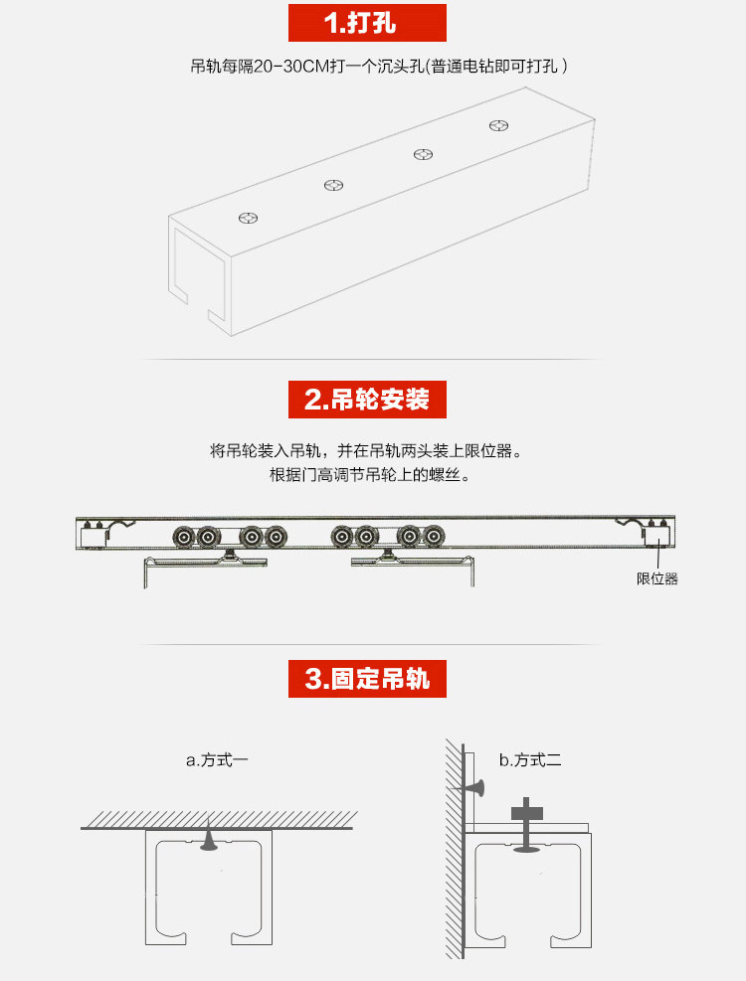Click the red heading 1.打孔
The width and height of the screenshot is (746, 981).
[x=366, y=22]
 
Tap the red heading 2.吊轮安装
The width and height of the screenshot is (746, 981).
[x=366, y=400]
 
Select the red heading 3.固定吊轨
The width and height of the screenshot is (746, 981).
[x=366, y=679]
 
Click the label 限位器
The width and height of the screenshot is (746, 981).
[x=657, y=578]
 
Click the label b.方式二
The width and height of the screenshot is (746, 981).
[x=530, y=760]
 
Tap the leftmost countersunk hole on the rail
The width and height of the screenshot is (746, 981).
[x=249, y=217]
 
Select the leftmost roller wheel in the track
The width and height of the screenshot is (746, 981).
[x=184, y=538]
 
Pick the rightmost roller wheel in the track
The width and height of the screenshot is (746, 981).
[x=433, y=538]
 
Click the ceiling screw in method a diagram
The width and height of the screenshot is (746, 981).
[x=209, y=841]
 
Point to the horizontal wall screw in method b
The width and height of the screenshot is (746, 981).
[x=474, y=789]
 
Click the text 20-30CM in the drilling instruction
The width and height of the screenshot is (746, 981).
[x=289, y=68]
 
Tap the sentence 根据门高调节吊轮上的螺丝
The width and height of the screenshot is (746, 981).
[x=368, y=474]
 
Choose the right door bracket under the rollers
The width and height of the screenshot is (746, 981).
[x=412, y=564]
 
